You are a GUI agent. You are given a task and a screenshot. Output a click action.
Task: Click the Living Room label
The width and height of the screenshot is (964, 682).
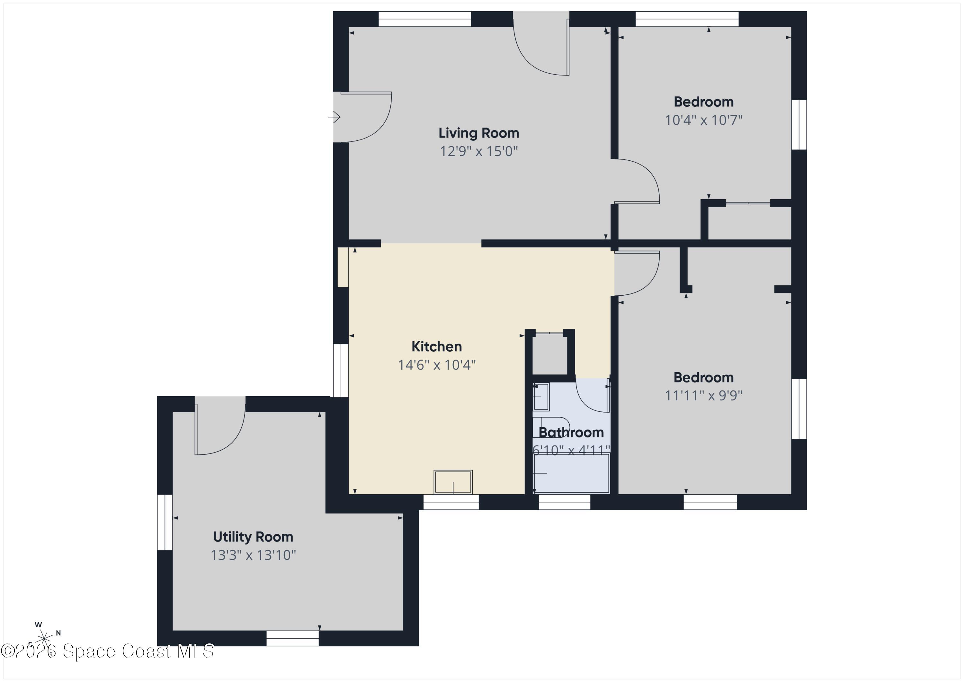tap(479, 133)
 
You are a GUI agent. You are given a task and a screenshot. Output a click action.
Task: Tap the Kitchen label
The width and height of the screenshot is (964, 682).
tap(436, 347)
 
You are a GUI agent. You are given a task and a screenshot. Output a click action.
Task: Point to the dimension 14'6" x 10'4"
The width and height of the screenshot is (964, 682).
tap(436, 365)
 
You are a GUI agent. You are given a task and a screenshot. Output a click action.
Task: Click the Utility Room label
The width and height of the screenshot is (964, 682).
tap(253, 537)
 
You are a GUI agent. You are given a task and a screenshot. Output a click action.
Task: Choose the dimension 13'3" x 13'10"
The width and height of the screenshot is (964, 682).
tap(253, 555)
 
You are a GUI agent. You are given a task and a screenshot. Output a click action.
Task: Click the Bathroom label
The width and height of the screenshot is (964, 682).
tap(571, 433)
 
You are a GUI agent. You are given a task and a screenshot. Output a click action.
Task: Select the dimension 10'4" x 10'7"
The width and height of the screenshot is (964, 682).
tap(703, 121)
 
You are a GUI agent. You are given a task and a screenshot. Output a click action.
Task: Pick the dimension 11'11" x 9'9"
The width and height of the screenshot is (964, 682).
tap(703, 396)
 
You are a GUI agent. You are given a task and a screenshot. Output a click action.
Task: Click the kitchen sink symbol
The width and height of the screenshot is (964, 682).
tap(453, 482)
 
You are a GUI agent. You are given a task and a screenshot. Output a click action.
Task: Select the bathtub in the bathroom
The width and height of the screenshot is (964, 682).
tap(571, 473)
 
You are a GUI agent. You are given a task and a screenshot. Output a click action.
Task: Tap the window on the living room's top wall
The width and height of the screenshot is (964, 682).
tap(424, 19)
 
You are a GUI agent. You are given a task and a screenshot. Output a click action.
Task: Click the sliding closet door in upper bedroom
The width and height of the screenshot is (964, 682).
tap(748, 203)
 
